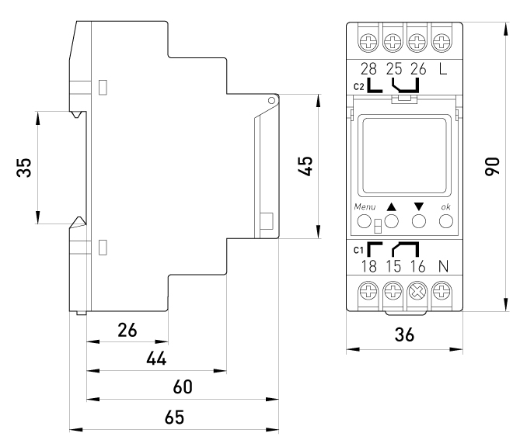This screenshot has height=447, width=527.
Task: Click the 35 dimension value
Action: pyautogui.click(x=25, y=168)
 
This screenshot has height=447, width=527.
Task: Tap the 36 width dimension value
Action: pyautogui.click(x=404, y=335)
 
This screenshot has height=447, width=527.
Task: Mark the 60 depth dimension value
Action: pyautogui.click(x=183, y=386)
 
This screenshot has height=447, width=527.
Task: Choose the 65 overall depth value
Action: pyautogui.click(x=174, y=417)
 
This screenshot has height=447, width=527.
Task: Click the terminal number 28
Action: pyautogui.click(x=367, y=69)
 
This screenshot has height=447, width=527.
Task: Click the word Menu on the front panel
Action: pyautogui.click(x=365, y=207)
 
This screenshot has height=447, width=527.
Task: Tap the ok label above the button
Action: pyautogui.click(x=445, y=207)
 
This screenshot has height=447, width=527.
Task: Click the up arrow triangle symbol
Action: pyautogui.click(x=392, y=207)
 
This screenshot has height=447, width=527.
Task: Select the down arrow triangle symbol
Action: pyautogui.click(x=419, y=207)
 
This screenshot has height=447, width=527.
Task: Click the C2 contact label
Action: pyautogui.click(x=358, y=86)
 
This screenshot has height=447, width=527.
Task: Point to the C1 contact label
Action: pyautogui.click(x=358, y=250)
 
